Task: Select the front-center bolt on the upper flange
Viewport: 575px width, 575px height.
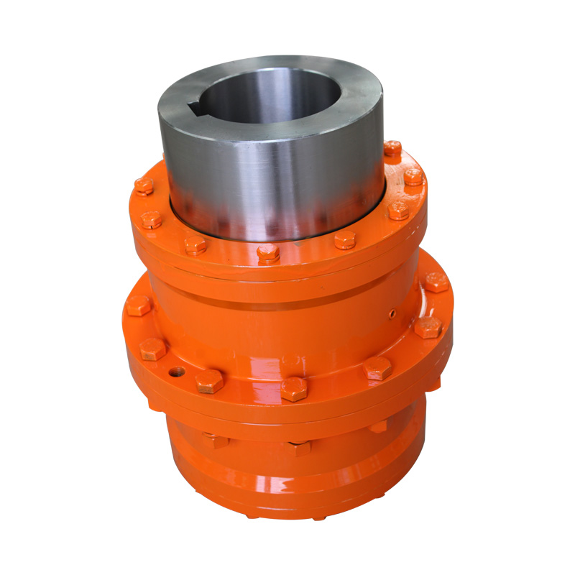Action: coord(268,252)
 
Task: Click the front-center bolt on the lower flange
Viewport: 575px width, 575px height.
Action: coord(294,389)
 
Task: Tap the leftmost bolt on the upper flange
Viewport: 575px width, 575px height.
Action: coord(144,186)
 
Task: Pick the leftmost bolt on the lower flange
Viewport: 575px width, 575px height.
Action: coord(138,305)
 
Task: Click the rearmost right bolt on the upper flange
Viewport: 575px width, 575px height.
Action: coord(392,149)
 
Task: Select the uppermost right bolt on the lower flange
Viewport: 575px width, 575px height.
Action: coord(436,282)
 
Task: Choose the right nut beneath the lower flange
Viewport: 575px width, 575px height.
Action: coord(378,425)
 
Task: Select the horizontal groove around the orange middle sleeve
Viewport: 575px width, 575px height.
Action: coord(287,305)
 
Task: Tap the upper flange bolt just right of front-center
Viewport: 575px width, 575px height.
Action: coord(345,240)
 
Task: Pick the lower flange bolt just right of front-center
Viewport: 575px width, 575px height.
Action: coord(377,369)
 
